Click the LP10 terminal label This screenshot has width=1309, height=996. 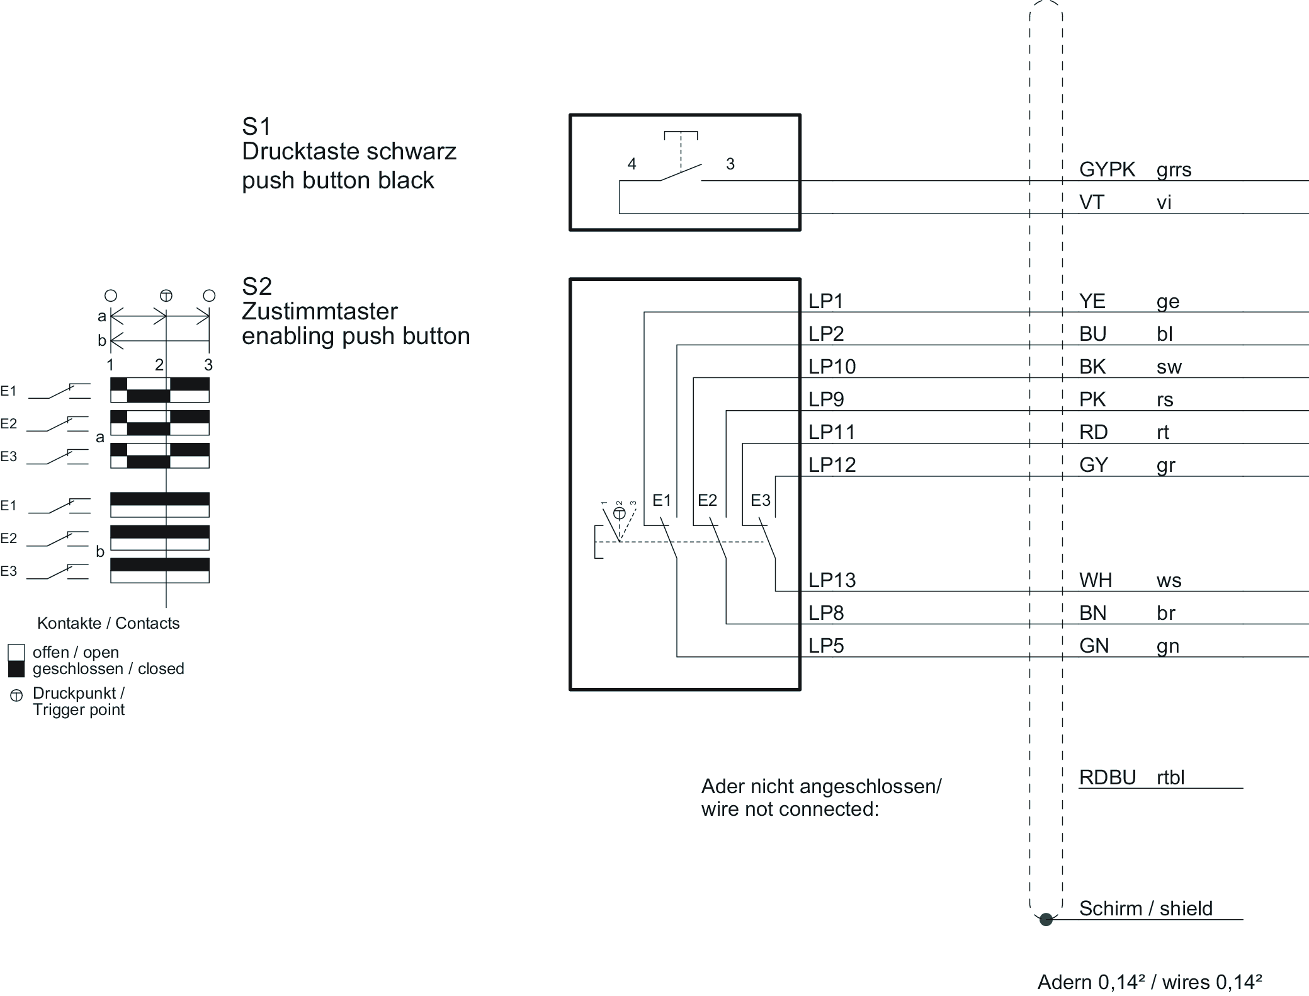832,367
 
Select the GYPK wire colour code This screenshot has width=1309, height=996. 1107,169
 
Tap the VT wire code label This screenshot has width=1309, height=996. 1091,202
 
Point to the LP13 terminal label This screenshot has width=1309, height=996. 832,580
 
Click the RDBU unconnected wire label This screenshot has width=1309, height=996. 1107,777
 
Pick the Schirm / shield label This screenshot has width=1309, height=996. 1145,908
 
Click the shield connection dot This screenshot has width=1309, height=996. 1046,920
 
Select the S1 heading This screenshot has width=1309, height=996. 256,127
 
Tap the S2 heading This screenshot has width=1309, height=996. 256,287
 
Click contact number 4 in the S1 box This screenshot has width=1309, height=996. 632,164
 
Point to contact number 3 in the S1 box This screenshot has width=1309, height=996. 730,164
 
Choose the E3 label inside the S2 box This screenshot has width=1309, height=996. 760,500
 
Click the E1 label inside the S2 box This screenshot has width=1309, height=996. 662,500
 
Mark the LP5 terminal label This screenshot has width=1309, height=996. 825,646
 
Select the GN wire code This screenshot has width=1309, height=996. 1094,646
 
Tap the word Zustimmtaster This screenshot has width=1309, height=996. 319,312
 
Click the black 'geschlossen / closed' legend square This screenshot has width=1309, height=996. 16,669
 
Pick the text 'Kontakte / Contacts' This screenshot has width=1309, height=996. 108,623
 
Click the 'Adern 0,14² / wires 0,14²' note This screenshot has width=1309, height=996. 1149,982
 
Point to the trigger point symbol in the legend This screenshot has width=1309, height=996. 16,695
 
